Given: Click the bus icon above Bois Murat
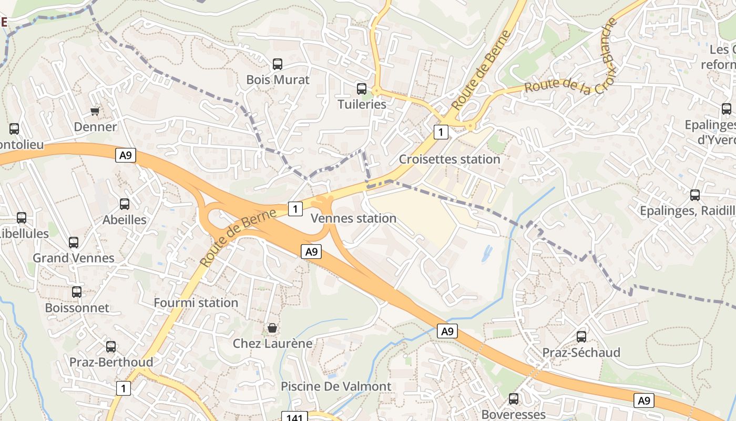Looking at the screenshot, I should coord(278,64).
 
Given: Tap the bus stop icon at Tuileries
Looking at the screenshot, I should coord(362,88).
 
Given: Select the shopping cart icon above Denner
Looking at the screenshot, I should coord(95,111).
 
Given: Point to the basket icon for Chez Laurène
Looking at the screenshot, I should coord(272,328).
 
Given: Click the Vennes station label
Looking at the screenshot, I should coord(354,218).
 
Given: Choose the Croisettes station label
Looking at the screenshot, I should coord(449,159).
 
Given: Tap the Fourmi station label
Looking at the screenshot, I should coord(196,303).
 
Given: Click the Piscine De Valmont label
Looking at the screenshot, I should coord(336,386).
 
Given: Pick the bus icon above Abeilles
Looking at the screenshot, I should coord(125,204).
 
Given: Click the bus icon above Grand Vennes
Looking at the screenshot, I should coord(74,242).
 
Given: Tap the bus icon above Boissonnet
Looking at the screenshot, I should coord(77,292).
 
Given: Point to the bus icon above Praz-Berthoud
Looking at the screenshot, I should coord(111,346).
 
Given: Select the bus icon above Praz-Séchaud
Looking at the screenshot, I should coord(581,336).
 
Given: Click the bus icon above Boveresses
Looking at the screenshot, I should coord(514,398).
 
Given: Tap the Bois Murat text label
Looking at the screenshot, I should coord(278,80).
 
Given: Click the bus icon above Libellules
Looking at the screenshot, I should coord(22,217).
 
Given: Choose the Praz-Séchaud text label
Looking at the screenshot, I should coord(581,353).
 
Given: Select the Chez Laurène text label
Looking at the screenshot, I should coord(272,344).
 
